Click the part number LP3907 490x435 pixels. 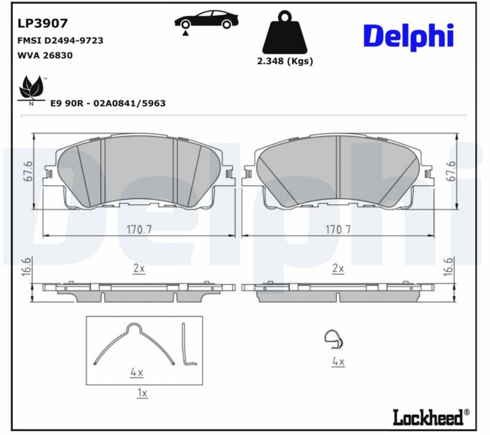pyautogui.click(x=42, y=23)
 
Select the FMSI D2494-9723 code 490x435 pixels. pyautogui.click(x=60, y=40)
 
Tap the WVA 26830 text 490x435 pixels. pyautogui.click(x=45, y=56)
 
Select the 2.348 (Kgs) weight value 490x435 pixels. pyautogui.click(x=285, y=61)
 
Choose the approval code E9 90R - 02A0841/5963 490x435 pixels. pyautogui.click(x=108, y=103)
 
